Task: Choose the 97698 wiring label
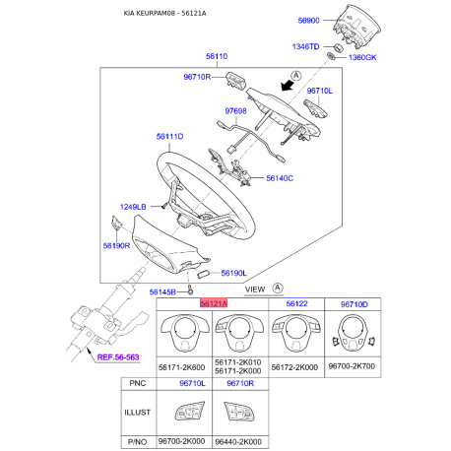(x=236, y=112)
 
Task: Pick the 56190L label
(x=234, y=273)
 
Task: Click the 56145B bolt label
(x=163, y=292)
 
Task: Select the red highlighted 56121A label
(x=214, y=304)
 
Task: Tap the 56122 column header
(x=297, y=304)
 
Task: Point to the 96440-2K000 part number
(x=244, y=442)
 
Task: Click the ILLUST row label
(x=135, y=415)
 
